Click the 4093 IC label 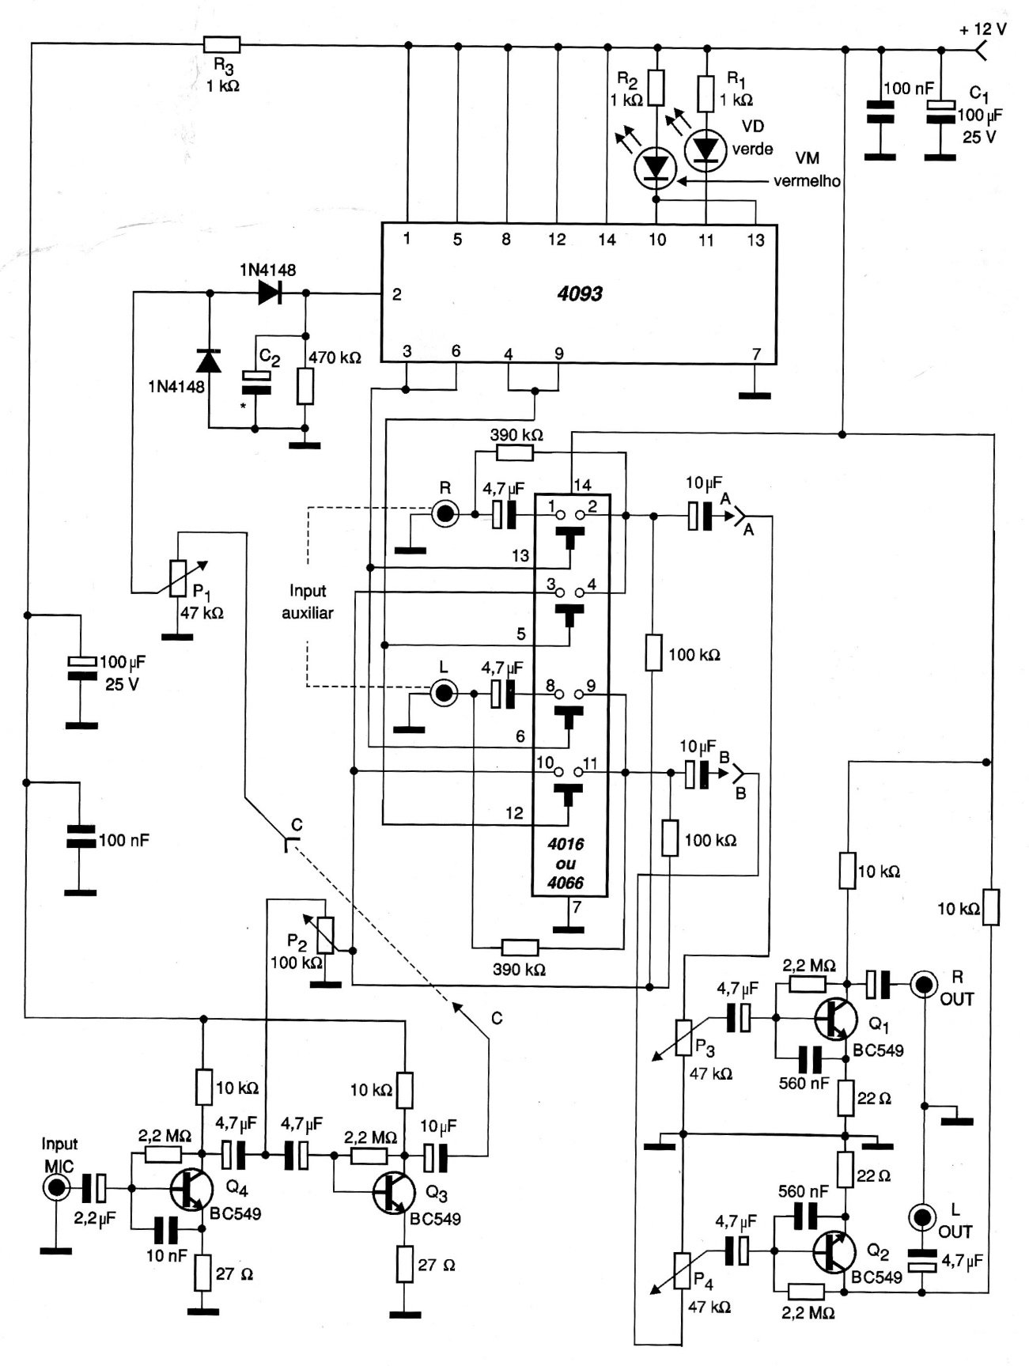point(580,294)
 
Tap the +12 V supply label point(982,29)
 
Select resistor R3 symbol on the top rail point(221,44)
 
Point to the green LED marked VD point(705,149)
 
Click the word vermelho point(807,181)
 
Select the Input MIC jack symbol point(56,1187)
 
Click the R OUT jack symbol point(923,984)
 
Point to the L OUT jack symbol point(922,1217)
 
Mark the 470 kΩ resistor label point(335,358)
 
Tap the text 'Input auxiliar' point(308,601)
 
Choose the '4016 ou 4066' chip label point(566,863)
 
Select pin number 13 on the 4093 point(755,240)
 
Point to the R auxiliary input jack point(445,515)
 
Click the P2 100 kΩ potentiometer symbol point(324,935)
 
